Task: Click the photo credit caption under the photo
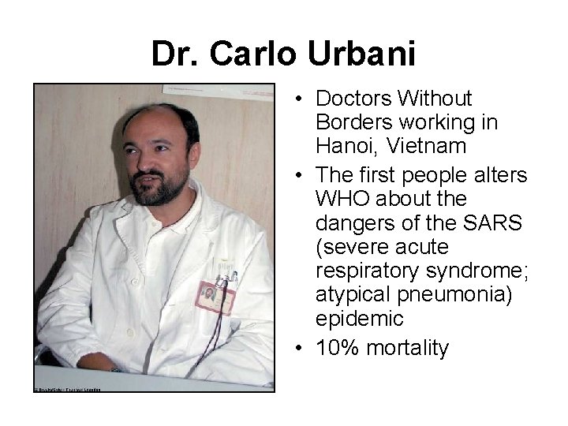pyautogui.click(x=67, y=389)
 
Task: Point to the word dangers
pyautogui.click(x=351, y=223)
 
